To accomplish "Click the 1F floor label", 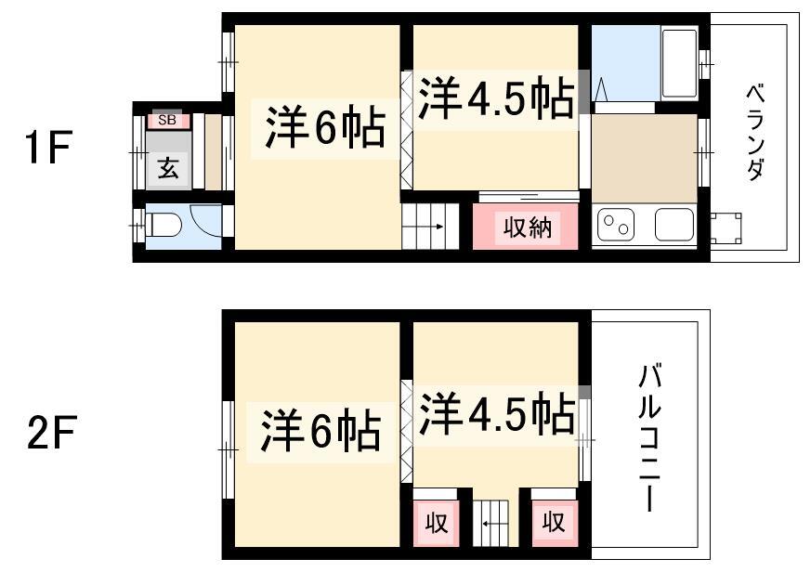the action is point(48,148).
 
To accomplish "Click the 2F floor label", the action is point(52,432).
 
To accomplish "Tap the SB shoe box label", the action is point(167,120).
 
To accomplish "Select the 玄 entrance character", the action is point(169,167).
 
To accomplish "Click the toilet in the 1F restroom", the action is point(164,226).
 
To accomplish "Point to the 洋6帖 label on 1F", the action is point(326,126).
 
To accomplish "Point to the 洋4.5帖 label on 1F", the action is point(496,98).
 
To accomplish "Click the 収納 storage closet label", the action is point(528,227).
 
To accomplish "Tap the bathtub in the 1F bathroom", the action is point(680,63).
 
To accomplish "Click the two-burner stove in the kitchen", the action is point(616,226).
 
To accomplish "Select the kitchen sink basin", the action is point(674,225).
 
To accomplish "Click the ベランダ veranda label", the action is point(755,133).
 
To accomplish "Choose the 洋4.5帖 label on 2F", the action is point(497,414).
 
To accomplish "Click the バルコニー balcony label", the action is point(649,437).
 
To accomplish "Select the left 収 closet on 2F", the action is point(436,523).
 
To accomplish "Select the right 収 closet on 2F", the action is point(554,523).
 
